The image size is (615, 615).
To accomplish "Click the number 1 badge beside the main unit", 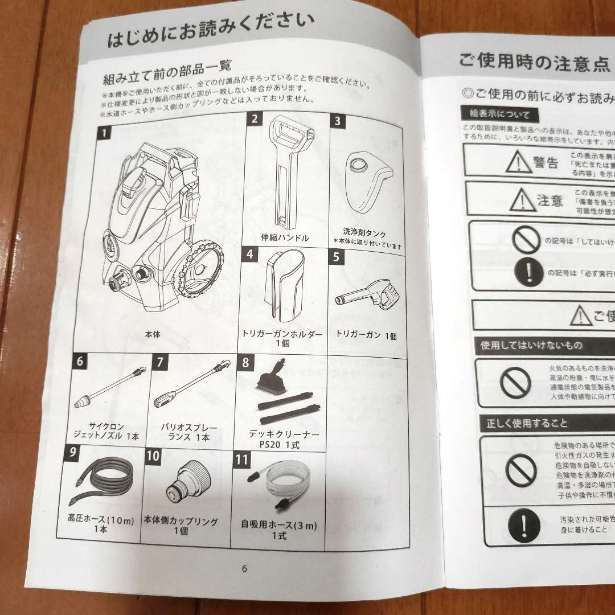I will click(105, 135).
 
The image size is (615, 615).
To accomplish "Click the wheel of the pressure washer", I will click(199, 270).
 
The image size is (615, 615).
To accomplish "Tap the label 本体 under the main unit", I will click(153, 335).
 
